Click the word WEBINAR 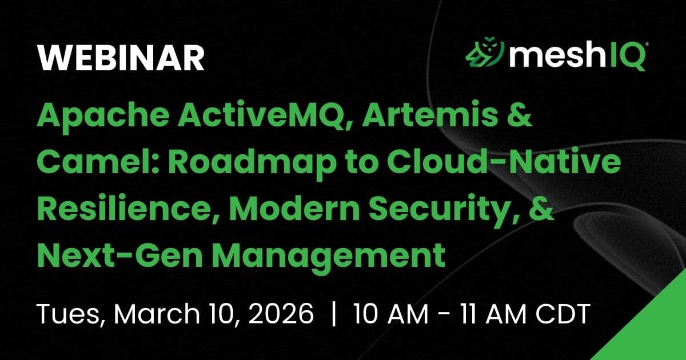click(121, 58)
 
